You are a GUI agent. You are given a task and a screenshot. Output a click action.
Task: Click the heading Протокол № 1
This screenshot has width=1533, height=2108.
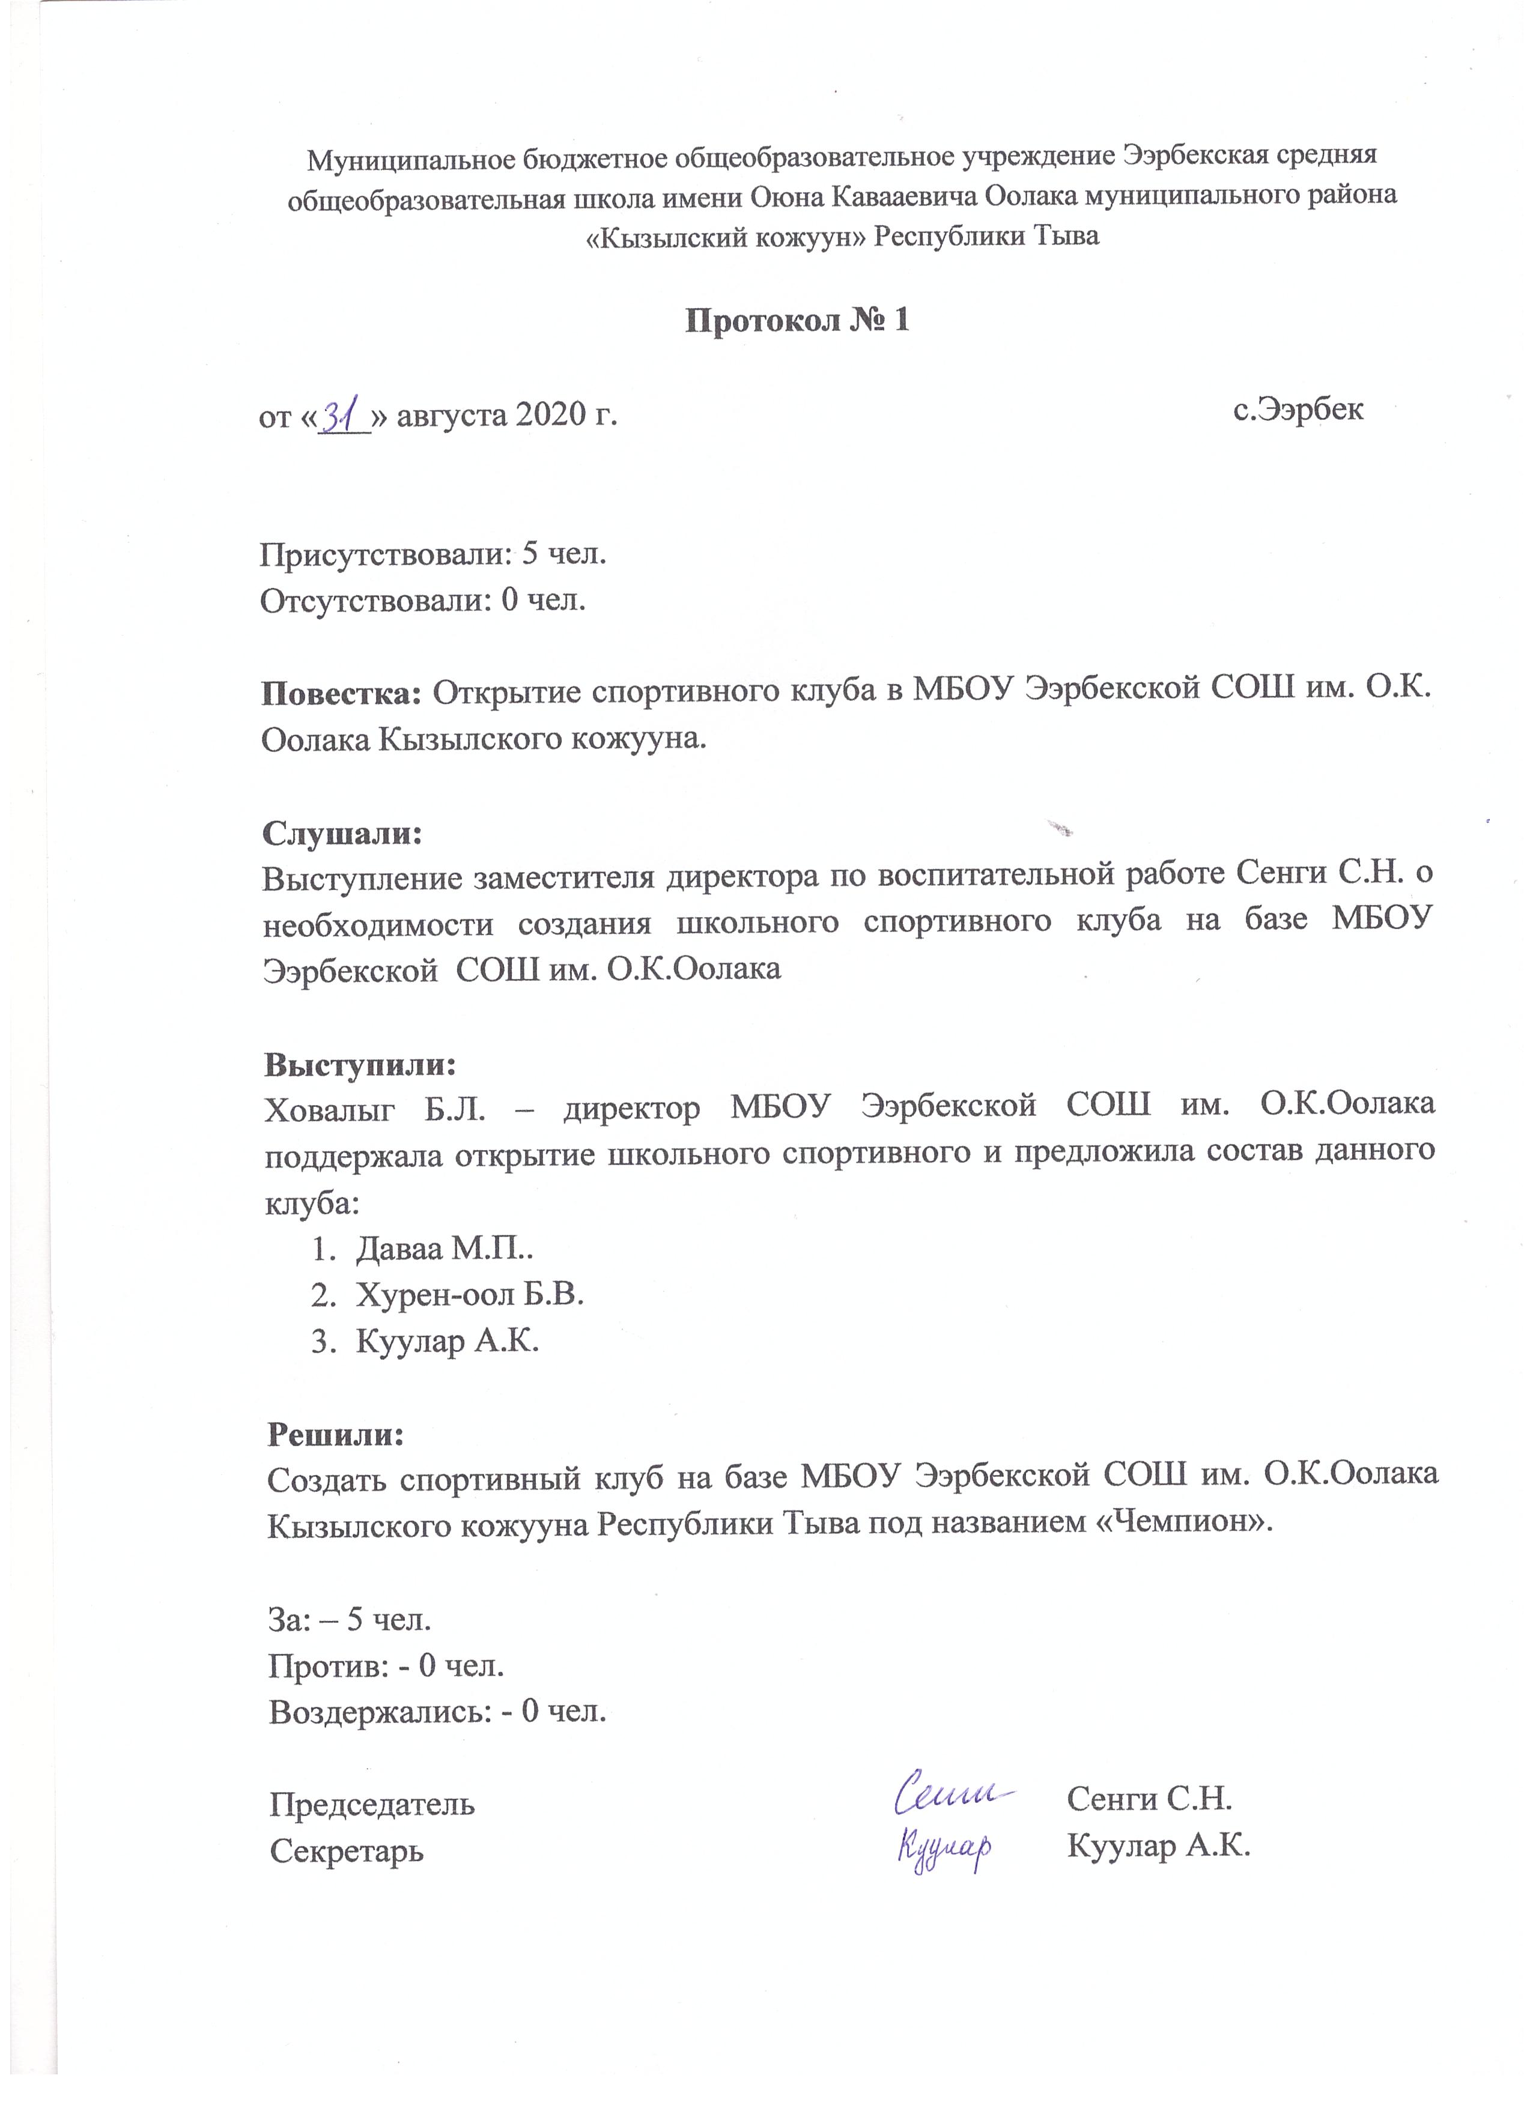pyautogui.click(x=796, y=321)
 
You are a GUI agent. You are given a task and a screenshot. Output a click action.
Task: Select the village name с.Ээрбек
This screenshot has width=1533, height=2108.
pyautogui.click(x=1298, y=409)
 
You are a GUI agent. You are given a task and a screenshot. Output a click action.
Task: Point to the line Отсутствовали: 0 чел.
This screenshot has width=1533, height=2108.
pyautogui.click(x=423, y=601)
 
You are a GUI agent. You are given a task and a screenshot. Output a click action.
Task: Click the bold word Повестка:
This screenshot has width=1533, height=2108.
pyautogui.click(x=342, y=692)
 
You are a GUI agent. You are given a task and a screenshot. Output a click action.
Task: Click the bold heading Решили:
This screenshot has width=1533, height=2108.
pyautogui.click(x=336, y=1433)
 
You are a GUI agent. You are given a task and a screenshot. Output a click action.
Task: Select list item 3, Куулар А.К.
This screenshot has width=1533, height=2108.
pyautogui.click(x=447, y=1341)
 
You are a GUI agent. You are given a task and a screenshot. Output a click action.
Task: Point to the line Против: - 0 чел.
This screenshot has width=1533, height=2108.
pyautogui.click(x=386, y=1665)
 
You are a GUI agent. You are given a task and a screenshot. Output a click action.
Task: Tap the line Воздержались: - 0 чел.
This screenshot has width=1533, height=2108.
pyautogui.click(x=437, y=1711)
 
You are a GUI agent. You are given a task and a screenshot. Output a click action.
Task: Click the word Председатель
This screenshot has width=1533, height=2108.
pyautogui.click(x=372, y=1804)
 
